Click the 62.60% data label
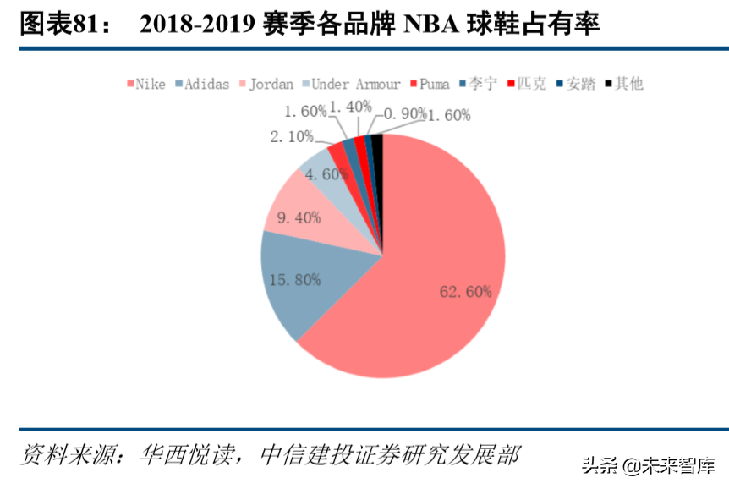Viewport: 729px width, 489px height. coord(465,292)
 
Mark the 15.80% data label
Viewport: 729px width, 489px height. coord(294,279)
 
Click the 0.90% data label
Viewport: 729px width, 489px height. coord(403,113)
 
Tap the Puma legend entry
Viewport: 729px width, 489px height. coord(432,84)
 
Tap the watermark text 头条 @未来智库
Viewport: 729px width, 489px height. coord(648,464)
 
